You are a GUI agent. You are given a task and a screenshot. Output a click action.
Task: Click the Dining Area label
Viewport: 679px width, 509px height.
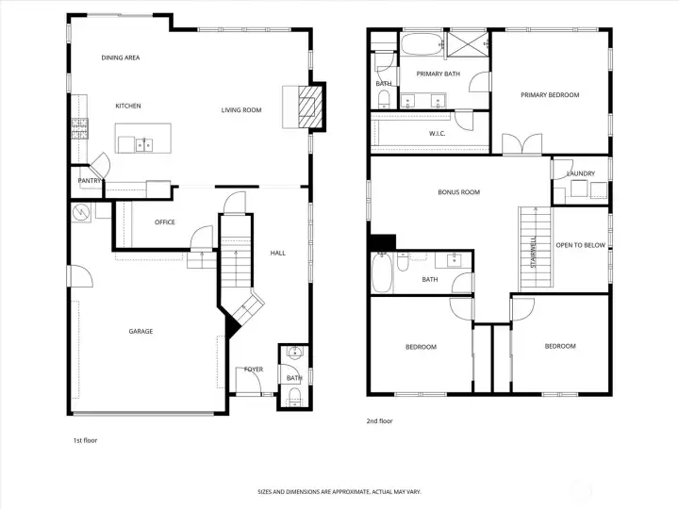(121, 57)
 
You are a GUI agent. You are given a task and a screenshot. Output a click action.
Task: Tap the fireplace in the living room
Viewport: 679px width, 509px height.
(310, 107)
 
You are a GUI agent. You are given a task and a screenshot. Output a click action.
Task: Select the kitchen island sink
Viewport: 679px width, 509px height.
(144, 144)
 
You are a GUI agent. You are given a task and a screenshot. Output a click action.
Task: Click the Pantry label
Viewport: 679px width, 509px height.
(90, 180)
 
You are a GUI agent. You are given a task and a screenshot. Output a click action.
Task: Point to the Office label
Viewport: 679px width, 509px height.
(165, 222)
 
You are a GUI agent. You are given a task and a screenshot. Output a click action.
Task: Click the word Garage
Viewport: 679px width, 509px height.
(141, 331)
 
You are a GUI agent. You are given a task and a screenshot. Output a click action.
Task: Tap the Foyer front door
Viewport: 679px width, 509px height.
(248, 381)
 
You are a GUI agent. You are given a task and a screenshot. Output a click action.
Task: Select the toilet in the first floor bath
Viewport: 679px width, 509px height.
(295, 397)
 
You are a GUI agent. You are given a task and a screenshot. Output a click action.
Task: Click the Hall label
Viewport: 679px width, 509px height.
(278, 253)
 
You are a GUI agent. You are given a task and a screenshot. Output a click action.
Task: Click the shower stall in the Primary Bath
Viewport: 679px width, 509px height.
(468, 44)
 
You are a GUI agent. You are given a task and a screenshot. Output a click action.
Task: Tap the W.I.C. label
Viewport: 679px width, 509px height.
(437, 133)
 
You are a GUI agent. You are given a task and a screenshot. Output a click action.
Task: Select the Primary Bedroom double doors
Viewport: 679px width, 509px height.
(522, 143)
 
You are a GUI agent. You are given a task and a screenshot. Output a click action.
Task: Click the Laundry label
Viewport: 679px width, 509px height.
(581, 173)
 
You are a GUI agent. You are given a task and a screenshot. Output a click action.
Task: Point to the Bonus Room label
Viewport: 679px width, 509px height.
(459, 192)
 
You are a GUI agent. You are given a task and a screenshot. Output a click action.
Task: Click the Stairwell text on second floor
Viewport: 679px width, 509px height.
(534, 252)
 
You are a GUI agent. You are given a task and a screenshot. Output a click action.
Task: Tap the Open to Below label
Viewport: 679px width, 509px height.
(581, 245)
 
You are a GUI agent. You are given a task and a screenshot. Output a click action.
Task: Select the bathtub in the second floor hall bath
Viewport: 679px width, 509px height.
(382, 273)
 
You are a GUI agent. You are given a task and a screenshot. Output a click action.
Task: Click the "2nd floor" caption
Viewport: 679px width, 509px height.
(379, 420)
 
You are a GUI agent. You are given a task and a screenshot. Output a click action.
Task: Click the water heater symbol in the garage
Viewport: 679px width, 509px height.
(81, 212)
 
